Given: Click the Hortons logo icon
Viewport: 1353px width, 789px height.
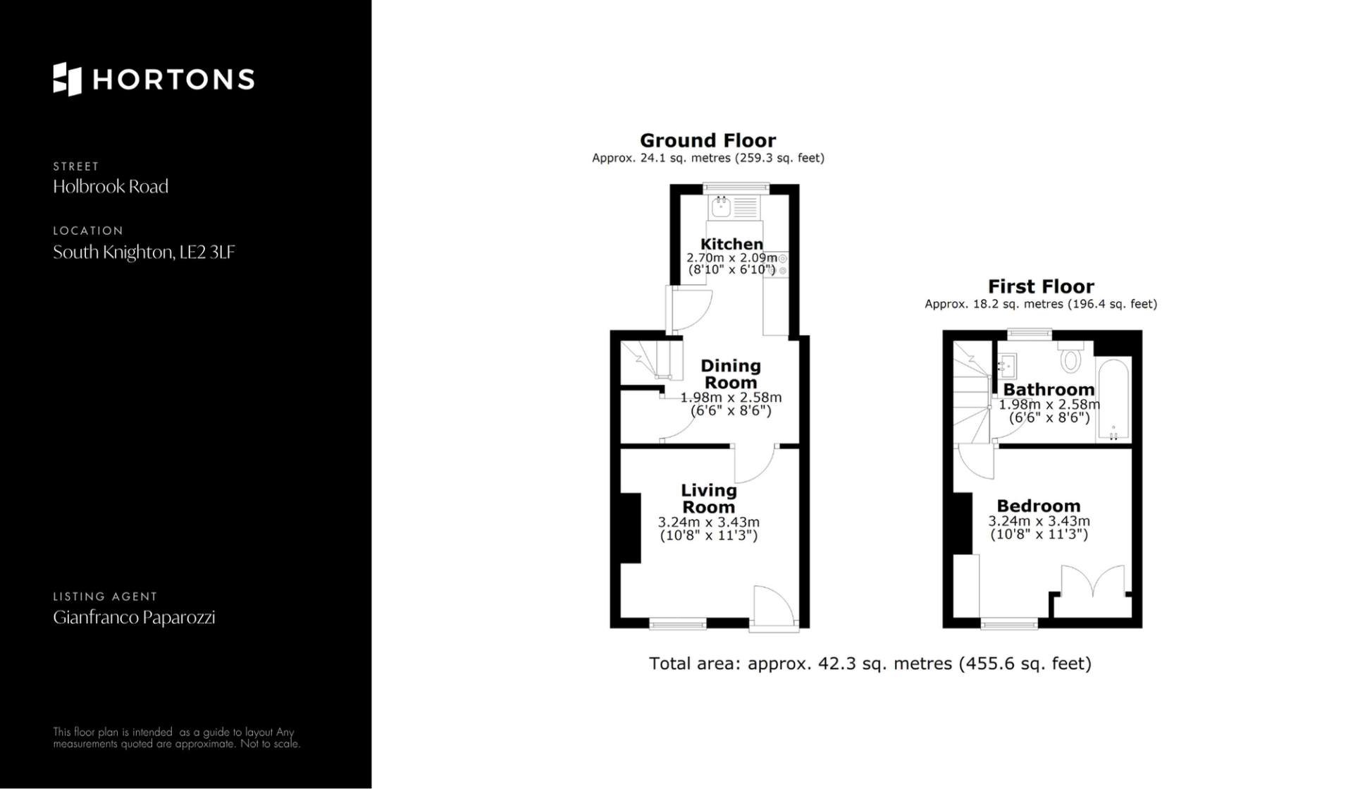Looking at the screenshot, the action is (x=67, y=79).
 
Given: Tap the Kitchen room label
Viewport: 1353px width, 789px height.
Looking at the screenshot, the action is (x=731, y=244).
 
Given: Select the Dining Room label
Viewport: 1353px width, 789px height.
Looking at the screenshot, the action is (x=731, y=374).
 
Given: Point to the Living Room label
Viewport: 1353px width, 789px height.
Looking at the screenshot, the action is (x=708, y=499).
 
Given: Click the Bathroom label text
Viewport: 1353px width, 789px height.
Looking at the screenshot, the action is (x=1049, y=389).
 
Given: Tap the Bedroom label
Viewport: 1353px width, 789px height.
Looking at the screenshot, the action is (x=1038, y=506).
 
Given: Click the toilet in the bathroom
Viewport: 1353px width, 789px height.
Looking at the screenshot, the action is (x=1070, y=357).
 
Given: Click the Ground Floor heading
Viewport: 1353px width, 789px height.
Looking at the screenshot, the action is (x=708, y=140).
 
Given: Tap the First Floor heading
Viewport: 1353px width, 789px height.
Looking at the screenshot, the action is (x=1041, y=286).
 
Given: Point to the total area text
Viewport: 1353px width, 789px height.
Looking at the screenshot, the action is (x=870, y=663).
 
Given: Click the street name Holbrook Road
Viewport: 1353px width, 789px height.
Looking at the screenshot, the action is (x=111, y=186).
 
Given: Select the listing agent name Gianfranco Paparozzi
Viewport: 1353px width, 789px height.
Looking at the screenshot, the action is (x=134, y=618).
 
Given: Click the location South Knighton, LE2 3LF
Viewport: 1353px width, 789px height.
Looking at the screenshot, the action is (x=144, y=252).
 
